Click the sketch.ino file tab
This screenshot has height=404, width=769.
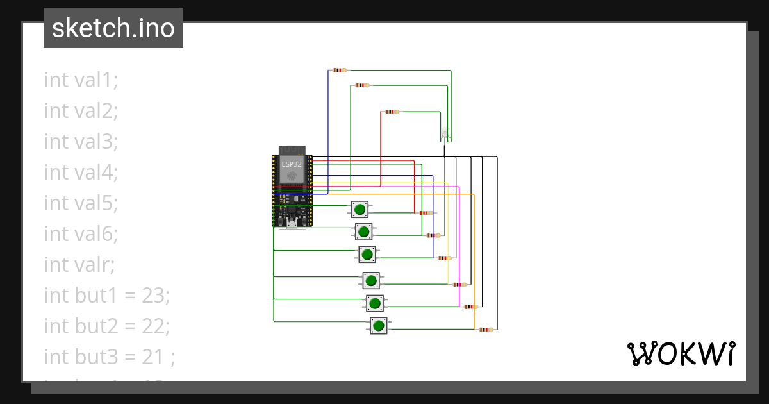113,28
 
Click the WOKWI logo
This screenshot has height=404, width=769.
680,354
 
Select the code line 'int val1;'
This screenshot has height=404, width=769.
81,80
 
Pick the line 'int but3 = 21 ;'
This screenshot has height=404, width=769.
110,357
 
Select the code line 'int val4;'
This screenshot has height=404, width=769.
81,172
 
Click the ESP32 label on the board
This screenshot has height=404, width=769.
292,164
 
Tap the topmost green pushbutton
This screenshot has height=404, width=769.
360,209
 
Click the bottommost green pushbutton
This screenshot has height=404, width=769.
378,326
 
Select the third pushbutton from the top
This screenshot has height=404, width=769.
367,255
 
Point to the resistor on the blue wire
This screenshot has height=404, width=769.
340,70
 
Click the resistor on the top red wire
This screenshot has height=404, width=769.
392,112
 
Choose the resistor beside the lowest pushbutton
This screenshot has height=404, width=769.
486,330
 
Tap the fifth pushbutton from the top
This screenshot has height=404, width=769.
375,303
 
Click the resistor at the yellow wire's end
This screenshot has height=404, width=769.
459,284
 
